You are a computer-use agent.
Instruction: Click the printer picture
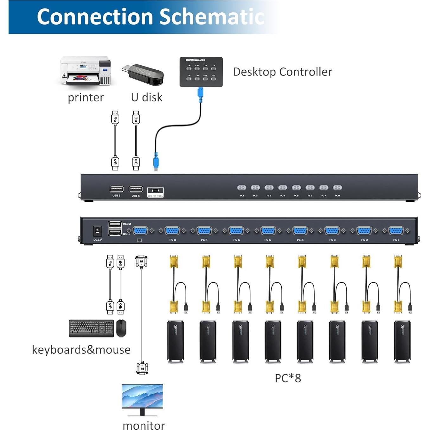coord(86,71)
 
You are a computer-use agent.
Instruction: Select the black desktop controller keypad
coord(201,72)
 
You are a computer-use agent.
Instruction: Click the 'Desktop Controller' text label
coord(282,72)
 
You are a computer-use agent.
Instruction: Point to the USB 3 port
coord(116,189)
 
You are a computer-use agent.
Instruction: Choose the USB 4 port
coord(136,189)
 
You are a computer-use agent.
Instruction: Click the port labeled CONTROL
coord(155,191)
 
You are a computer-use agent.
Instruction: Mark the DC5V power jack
coord(97,231)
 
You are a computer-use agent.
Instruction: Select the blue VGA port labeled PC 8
coord(172,231)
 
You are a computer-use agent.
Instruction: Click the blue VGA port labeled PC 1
coord(396,231)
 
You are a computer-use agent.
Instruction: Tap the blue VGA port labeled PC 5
coord(268,231)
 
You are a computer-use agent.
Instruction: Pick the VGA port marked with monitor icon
coord(140,231)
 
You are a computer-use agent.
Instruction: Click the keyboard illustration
coord(91,328)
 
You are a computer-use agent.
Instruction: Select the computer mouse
coord(121,328)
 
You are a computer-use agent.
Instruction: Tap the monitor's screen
coord(142,396)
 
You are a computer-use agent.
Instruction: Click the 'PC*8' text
coord(288,378)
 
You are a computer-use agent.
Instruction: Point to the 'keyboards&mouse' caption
coord(81,350)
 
